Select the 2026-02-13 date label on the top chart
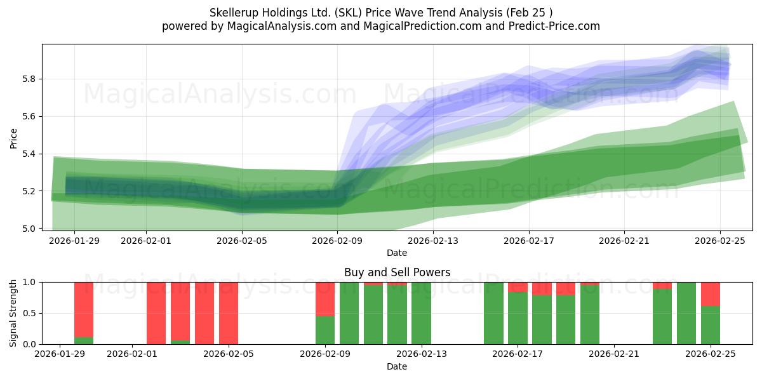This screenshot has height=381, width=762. tap(433, 240)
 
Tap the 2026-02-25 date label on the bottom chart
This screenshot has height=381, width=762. tap(711, 354)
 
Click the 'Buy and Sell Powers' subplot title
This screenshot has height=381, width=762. tap(397, 272)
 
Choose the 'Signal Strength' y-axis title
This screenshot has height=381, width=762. tap(13, 313)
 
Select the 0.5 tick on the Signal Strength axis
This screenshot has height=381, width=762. tap(29, 313)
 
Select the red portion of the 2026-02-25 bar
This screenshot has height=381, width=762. tap(711, 294)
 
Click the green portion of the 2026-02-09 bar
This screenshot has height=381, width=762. tap(325, 330)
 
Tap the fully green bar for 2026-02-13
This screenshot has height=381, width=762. tap(421, 313)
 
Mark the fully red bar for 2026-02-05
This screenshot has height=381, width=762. tap(229, 313)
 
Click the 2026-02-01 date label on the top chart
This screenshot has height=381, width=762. tap(146, 240)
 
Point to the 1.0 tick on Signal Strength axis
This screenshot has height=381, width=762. tap(29, 282)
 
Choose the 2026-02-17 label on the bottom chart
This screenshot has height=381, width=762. tap(518, 354)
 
